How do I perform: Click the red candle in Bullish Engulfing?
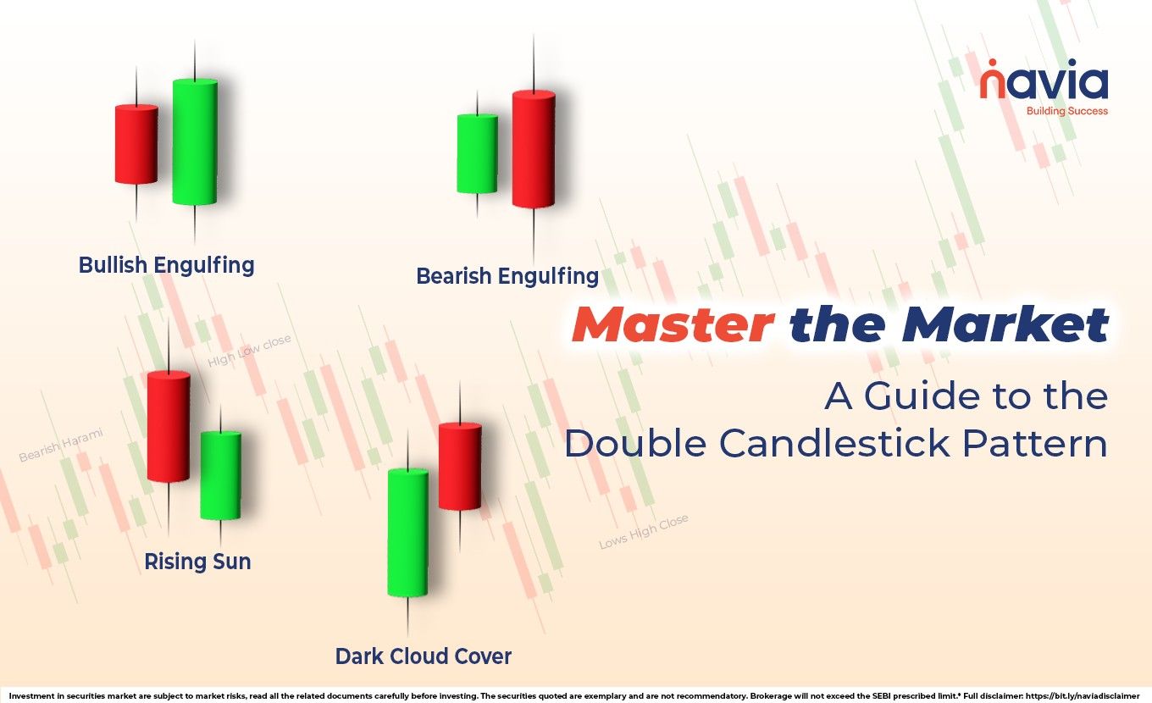(136, 144)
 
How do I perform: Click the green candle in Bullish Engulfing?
(195, 141)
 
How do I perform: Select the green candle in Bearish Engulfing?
(477, 153)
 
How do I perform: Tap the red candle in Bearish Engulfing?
(534, 149)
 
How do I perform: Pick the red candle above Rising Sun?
(169, 427)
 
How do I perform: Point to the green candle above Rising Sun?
(220, 475)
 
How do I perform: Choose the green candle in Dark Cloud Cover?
(407, 533)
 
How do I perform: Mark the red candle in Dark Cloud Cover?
(460, 467)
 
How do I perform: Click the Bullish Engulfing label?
(166, 265)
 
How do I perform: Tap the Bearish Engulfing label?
(507, 276)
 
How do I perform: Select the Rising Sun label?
(197, 562)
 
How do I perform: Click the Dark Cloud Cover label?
(424, 656)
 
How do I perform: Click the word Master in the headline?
(673, 326)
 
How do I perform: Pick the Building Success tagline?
(1066, 111)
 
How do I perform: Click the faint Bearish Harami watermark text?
(61, 445)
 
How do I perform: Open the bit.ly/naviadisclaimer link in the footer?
(1094, 695)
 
